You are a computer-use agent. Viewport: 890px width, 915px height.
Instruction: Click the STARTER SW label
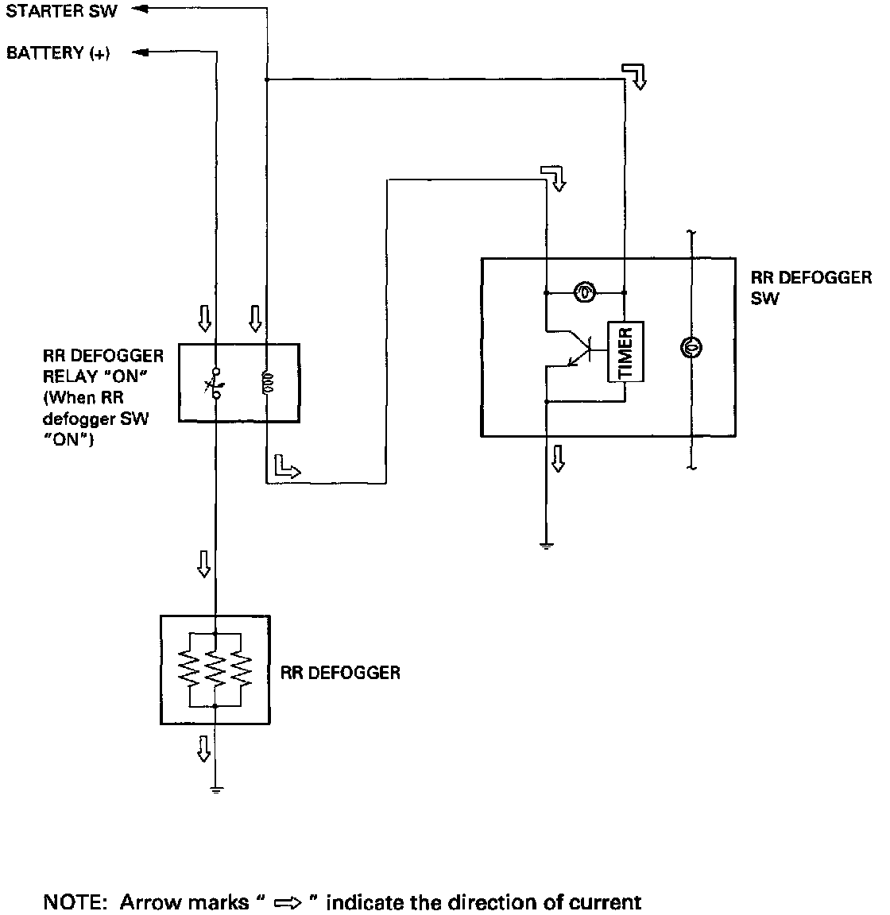click(61, 10)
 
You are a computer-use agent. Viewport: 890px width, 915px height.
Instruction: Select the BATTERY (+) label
click(58, 53)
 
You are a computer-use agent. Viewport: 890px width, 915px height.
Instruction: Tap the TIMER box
click(625, 351)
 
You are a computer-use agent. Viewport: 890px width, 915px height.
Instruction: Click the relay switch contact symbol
click(215, 384)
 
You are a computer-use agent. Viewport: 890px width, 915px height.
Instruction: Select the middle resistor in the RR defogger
click(215, 670)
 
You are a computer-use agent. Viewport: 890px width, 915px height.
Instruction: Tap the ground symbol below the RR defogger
click(216, 791)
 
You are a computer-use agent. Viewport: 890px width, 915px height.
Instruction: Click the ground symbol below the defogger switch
click(547, 546)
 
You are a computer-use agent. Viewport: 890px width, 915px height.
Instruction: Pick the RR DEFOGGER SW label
click(811, 288)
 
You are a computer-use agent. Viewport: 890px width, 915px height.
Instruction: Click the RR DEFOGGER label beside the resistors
click(340, 673)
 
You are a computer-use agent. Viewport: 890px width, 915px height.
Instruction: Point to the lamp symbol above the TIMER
click(585, 291)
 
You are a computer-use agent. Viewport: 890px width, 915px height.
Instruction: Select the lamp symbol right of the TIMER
click(691, 348)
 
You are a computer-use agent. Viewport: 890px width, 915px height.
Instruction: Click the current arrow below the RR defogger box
click(203, 749)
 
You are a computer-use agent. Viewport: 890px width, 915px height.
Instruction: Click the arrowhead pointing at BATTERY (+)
click(140, 52)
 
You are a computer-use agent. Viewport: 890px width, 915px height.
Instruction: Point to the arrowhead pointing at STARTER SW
click(140, 9)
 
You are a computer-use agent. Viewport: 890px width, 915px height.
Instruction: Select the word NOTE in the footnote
click(72, 902)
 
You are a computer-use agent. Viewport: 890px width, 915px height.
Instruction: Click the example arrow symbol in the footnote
click(288, 903)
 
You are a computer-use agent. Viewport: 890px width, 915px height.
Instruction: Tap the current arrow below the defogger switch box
click(559, 458)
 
